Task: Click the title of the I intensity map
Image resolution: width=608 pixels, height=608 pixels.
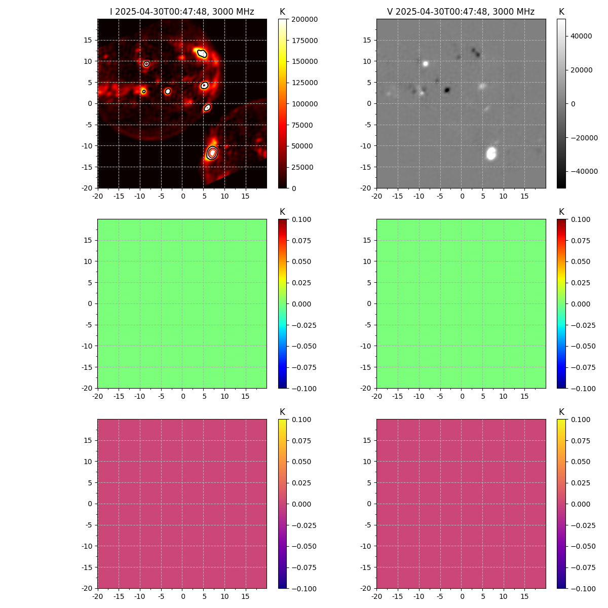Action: click(x=182, y=12)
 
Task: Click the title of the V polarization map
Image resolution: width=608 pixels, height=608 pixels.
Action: click(x=461, y=12)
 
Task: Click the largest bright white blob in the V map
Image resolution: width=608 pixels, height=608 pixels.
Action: click(x=491, y=153)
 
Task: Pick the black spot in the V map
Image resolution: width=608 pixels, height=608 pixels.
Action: click(x=447, y=90)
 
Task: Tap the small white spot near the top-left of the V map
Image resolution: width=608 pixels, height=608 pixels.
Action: click(x=426, y=64)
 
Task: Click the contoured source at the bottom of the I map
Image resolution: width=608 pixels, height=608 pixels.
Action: click(x=212, y=153)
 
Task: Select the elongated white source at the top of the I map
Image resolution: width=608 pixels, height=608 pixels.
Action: click(x=202, y=53)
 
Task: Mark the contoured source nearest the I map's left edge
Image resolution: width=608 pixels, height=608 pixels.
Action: click(x=144, y=92)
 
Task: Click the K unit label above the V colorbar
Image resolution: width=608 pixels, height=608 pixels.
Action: click(x=561, y=12)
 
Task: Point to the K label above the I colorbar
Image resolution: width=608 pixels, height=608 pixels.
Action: click(x=282, y=12)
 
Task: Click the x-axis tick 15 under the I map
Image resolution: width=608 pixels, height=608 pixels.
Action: click(x=246, y=196)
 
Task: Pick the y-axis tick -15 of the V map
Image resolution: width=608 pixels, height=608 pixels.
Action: click(x=368, y=167)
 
